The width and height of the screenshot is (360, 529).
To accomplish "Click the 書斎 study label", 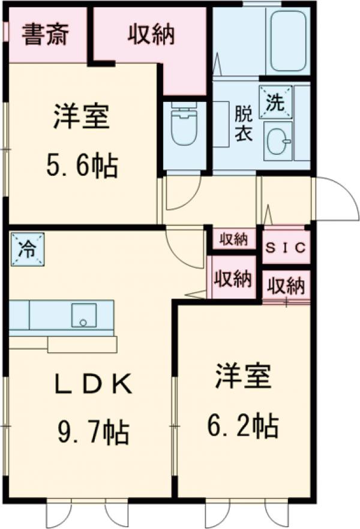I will (x=46, y=35).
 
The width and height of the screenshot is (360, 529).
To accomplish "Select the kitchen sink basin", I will (x=83, y=315).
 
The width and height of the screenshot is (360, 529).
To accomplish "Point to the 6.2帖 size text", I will (x=242, y=426).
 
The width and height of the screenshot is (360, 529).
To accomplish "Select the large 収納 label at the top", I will (x=151, y=35).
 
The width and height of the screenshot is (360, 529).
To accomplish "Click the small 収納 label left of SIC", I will (x=233, y=239).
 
